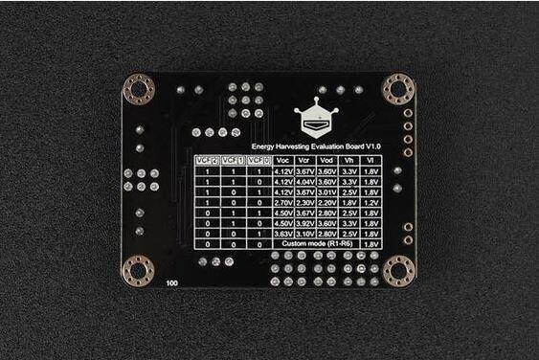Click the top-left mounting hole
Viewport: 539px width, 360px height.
139,90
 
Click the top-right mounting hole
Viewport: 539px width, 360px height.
398,89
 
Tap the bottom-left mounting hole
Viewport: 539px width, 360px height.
139,270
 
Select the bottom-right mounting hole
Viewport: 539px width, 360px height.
398,270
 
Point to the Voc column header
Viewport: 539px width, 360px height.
282,160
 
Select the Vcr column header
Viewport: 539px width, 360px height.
305,160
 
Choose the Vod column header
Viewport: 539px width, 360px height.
328,160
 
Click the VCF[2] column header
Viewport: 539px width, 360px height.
207,160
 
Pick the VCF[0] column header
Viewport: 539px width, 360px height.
257,160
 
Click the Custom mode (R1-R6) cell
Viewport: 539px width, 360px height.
315,244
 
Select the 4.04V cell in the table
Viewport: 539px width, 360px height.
305,181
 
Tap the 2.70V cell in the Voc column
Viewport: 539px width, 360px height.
282,202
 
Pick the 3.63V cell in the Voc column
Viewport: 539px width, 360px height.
282,234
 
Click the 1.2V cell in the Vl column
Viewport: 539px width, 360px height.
372,202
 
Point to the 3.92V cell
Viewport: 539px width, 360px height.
305,223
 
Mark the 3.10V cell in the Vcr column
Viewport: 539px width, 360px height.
305,234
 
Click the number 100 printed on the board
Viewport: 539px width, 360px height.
171,284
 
